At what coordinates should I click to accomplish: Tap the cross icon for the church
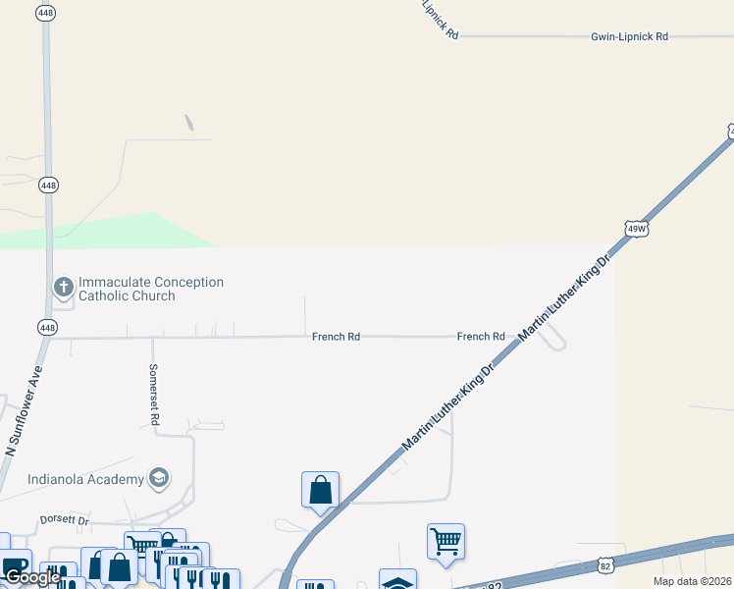(x=64, y=288)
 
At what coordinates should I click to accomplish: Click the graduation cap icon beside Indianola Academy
(x=158, y=478)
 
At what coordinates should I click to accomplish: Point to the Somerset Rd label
(x=154, y=395)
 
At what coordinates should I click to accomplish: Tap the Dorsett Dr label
(x=65, y=519)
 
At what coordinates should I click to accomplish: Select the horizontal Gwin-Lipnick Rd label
(x=629, y=36)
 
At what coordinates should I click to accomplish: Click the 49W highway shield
(x=636, y=229)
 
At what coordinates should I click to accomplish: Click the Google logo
(x=31, y=577)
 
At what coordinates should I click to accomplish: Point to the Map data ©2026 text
(x=692, y=581)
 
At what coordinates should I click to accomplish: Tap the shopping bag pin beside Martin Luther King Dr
(x=321, y=490)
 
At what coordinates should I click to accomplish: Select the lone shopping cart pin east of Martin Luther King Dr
(x=446, y=541)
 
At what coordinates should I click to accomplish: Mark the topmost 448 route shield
(x=45, y=12)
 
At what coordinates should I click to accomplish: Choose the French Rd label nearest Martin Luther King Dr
(x=481, y=337)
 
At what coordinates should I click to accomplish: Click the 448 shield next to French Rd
(x=48, y=327)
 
